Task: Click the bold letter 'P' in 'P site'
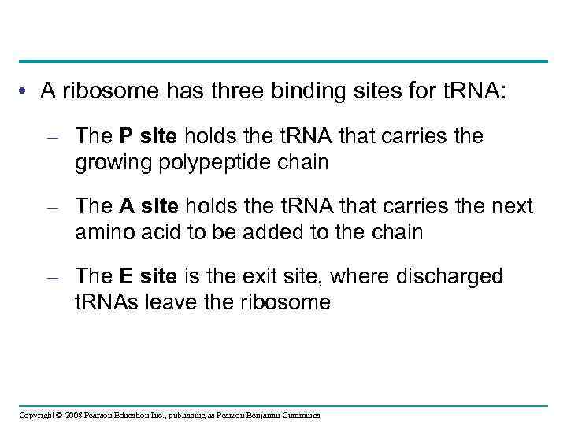[x=125, y=136]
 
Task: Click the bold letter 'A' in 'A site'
[x=126, y=207]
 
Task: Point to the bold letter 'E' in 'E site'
[x=125, y=277]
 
